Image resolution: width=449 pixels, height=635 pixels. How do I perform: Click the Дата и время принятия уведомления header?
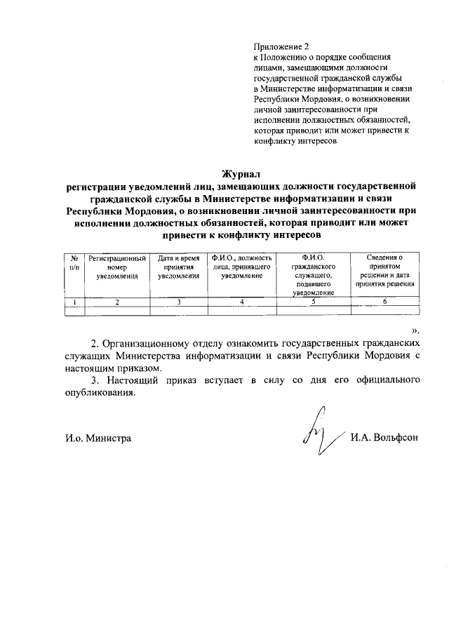179,267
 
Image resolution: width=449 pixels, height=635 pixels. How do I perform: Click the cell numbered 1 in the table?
74,302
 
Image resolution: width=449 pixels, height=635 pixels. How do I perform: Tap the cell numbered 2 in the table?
117,302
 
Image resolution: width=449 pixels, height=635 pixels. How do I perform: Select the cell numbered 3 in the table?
179,302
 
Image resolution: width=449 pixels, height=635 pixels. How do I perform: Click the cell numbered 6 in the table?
384,302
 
